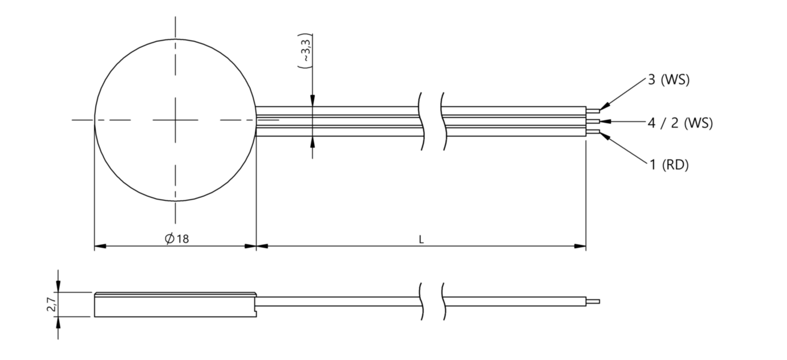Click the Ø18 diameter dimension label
(x=177, y=239)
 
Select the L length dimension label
(x=421, y=240)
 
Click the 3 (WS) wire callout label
(x=668, y=80)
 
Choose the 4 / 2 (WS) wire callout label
(x=680, y=122)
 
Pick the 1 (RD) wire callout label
(x=668, y=165)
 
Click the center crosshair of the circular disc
(x=175, y=120)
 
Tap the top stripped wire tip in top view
(x=593, y=111)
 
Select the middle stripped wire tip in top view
(x=593, y=121)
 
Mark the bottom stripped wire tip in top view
(x=593, y=132)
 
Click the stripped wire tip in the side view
(x=593, y=301)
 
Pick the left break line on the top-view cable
(x=423, y=121)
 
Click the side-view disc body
(x=175, y=306)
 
